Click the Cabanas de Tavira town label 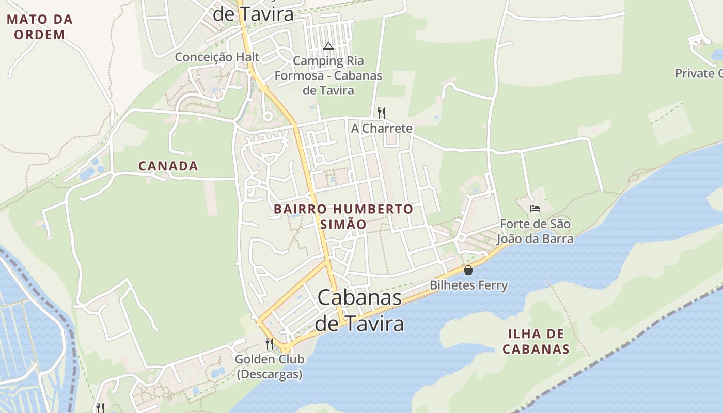point(359,310)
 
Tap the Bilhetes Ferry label point(469,285)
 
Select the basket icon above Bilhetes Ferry point(468,269)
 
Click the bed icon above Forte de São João point(535,209)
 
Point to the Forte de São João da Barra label point(535,232)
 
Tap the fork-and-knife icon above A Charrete point(382,113)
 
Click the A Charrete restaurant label point(382,128)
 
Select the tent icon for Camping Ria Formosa point(328,46)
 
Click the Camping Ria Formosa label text point(328,75)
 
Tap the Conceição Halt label point(217,57)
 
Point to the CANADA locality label point(168,166)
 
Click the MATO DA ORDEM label point(40,27)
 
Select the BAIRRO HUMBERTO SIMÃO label point(343,216)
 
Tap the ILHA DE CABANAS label point(536,341)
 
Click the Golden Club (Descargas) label point(270,366)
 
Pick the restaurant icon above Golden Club point(269,343)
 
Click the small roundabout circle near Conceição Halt point(268,116)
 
